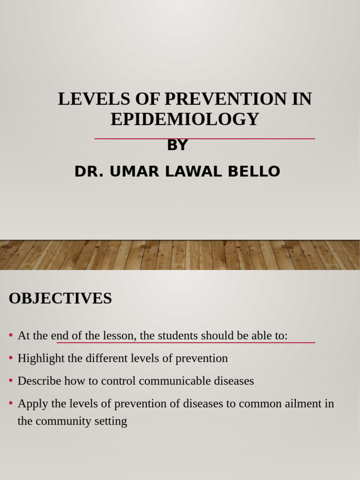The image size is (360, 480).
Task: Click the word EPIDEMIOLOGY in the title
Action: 185,119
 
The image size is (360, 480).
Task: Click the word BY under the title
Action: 177,145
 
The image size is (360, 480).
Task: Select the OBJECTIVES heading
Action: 60,298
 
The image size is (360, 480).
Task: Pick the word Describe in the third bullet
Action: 39,381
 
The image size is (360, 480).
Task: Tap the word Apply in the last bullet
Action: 31,403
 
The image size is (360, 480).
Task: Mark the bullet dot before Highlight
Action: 11,358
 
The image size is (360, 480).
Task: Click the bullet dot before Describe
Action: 11,381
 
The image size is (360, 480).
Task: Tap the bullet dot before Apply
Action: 11,403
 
